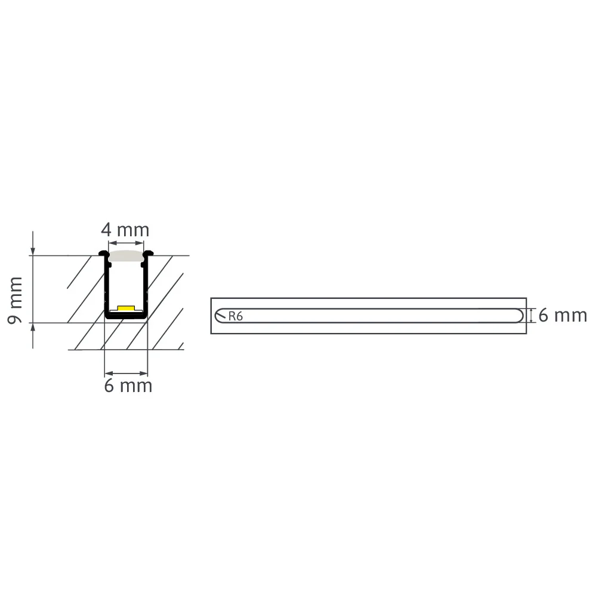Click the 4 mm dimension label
[x=125, y=230]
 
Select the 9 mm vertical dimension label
[x=15, y=300]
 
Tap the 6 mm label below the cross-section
[x=128, y=386]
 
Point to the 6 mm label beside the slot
[x=563, y=316]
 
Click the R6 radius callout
[x=235, y=316]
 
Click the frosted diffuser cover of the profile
[x=126, y=255]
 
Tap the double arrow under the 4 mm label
[x=126, y=243]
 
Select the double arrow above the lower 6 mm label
[x=126, y=374]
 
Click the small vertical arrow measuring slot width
[x=530, y=316]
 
